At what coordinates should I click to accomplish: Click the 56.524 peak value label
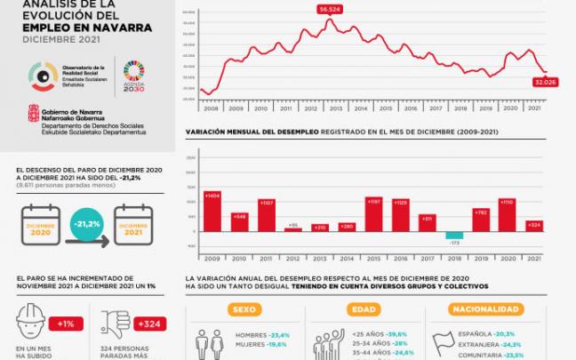(x=330, y=9)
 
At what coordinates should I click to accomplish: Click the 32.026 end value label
(x=545, y=82)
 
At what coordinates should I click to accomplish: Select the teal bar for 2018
(x=454, y=235)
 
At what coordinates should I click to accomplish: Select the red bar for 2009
(x=212, y=211)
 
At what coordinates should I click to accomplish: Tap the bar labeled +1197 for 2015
(x=373, y=214)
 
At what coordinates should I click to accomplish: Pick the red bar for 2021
(x=533, y=226)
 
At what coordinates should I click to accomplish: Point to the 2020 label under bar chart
(x=507, y=258)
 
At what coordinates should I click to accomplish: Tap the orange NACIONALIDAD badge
(x=484, y=310)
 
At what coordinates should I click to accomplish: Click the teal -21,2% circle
(x=86, y=225)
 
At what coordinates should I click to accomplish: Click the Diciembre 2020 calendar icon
(x=40, y=226)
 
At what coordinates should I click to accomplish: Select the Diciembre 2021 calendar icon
(x=133, y=226)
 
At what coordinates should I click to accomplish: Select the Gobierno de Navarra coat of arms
(x=33, y=114)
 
